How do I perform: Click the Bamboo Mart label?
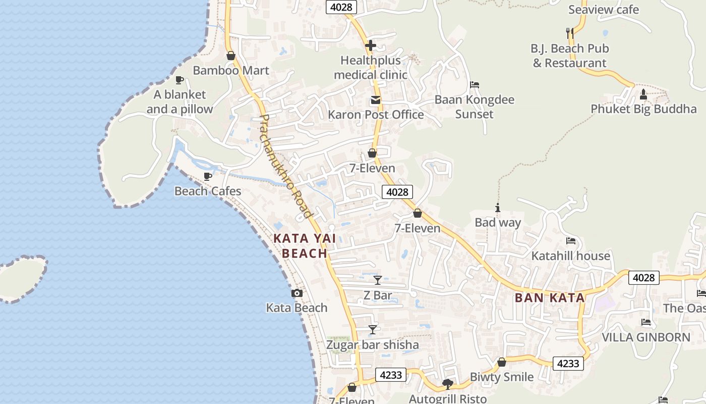[x=231, y=70]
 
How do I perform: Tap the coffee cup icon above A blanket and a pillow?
[x=179, y=80]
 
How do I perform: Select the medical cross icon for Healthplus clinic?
[x=371, y=45]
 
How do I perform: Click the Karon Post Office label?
[x=376, y=115]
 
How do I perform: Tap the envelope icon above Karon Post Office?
[x=376, y=99]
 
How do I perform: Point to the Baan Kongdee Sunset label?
[x=474, y=107]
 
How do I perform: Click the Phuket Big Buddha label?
[x=643, y=109]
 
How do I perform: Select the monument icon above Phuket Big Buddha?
[x=643, y=94]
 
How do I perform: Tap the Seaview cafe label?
[x=603, y=10]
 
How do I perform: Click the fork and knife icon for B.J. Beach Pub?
[x=570, y=33]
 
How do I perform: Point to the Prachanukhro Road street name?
[x=285, y=167]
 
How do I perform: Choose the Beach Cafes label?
[x=208, y=191]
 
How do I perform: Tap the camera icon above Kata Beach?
[x=297, y=293]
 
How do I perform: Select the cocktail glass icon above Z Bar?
[x=378, y=280]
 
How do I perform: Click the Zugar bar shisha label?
[x=373, y=345]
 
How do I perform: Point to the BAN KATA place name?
[x=550, y=297]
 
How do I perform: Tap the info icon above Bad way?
[x=498, y=208]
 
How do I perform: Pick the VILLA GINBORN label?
[x=646, y=337]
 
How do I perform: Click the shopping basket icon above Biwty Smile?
[x=501, y=362]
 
